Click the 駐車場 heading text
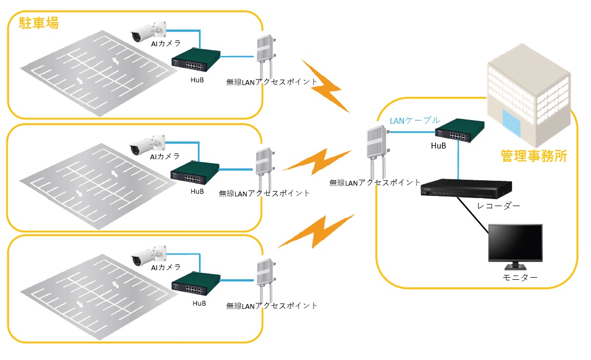[39, 23]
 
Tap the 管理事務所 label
[533, 156]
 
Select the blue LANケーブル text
[415, 121]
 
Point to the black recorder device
[466, 188]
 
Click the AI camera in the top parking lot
[148, 32]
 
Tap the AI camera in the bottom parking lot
[148, 256]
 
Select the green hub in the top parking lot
[196, 60]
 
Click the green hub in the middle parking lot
[195, 172]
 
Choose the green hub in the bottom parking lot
[196, 284]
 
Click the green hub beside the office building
[459, 130]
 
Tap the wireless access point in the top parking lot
[266, 57]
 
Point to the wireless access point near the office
[378, 152]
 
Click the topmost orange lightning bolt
[326, 86]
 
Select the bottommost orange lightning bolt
[317, 231]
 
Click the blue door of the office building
[511, 123]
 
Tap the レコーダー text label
[499, 206]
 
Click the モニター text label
[520, 277]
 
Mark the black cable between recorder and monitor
[473, 215]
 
